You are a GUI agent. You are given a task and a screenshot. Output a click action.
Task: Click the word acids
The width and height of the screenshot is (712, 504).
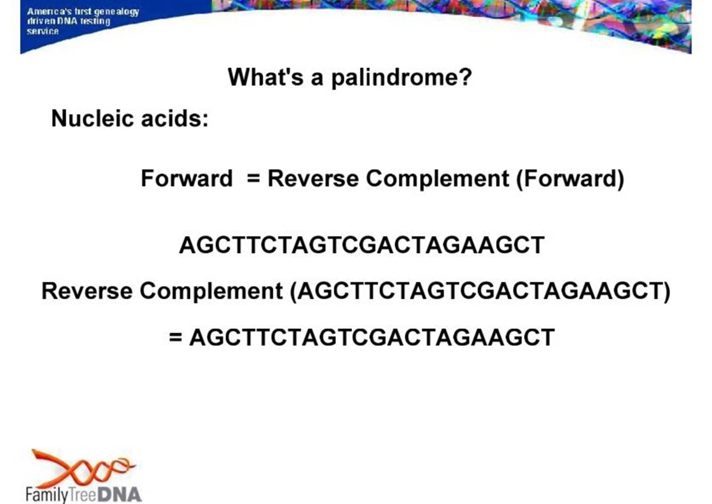click(175, 118)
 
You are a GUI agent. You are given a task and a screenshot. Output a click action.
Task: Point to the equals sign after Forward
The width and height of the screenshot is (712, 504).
click(253, 178)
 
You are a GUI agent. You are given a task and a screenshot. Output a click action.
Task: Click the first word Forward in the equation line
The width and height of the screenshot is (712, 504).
click(187, 178)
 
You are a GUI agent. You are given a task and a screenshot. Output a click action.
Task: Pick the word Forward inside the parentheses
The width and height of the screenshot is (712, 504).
click(570, 178)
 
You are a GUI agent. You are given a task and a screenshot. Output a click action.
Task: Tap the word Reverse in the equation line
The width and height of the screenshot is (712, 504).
click(313, 178)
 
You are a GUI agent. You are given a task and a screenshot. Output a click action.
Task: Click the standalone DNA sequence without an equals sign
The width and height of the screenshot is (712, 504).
click(362, 245)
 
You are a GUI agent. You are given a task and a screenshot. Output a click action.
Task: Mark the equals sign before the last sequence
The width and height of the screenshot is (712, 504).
click(175, 337)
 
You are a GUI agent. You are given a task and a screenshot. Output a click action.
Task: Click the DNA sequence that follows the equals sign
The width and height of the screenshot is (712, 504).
click(372, 337)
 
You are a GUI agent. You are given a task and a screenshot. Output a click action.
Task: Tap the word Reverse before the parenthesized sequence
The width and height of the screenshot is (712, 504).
click(87, 291)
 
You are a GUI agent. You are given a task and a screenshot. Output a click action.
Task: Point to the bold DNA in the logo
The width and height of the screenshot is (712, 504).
click(120, 495)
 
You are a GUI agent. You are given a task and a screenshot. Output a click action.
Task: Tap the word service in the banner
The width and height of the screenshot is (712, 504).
click(42, 31)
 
